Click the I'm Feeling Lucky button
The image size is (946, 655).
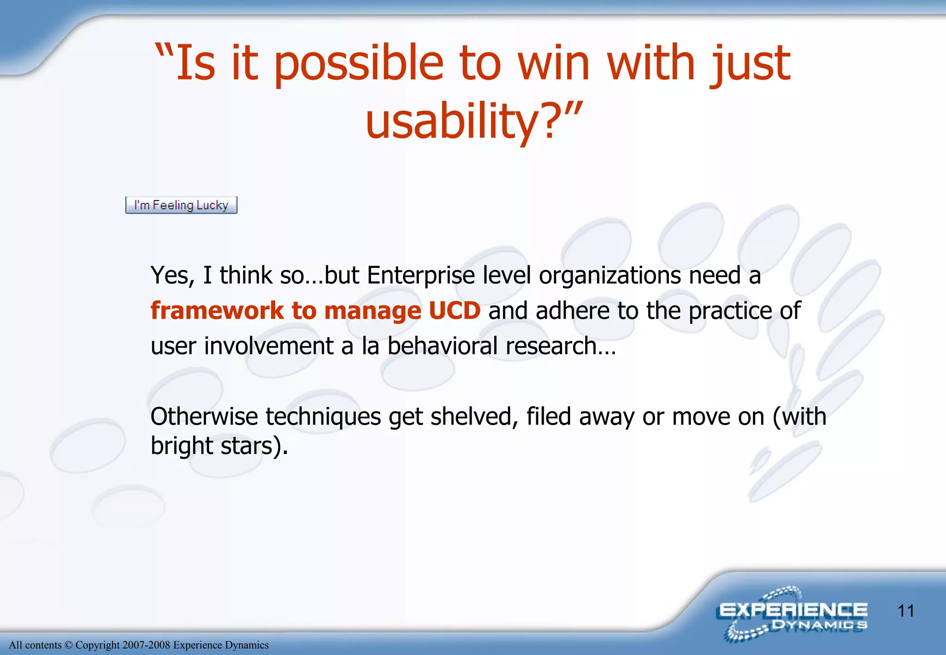181,205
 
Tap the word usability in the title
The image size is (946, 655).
450,121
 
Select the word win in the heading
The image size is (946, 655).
554,62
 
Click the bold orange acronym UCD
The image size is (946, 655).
455,310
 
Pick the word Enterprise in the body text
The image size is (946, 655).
421,275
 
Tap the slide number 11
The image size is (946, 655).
906,611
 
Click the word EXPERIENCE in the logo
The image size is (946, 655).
793,610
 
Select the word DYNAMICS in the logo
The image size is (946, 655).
819,625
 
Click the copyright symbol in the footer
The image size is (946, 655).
68,645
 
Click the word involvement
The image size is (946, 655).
268,346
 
